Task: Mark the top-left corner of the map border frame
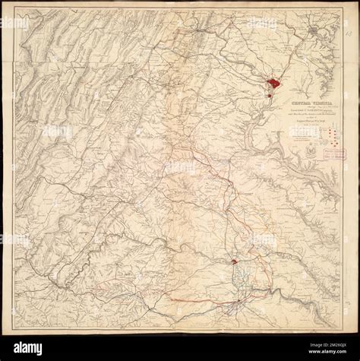point(14,10)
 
